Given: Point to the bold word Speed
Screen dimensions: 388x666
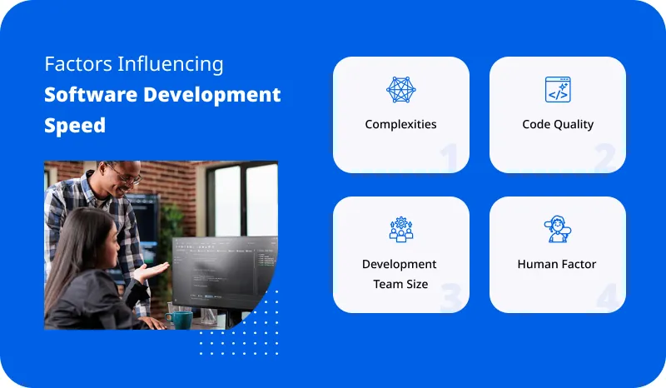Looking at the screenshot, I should (x=75, y=125).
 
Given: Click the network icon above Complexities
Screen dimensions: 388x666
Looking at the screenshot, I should (x=400, y=90).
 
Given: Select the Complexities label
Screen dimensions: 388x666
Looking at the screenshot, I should (x=400, y=124).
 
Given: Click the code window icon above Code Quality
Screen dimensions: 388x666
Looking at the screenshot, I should (x=557, y=90).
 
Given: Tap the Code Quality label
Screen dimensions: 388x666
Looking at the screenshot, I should (x=557, y=124).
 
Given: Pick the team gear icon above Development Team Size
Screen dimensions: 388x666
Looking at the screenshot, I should (x=400, y=230).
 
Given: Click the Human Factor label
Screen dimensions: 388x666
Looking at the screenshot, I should (x=557, y=264).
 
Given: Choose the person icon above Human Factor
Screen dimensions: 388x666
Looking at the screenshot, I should (x=557, y=230).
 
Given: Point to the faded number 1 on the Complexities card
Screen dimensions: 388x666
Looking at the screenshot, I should (x=450, y=157).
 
